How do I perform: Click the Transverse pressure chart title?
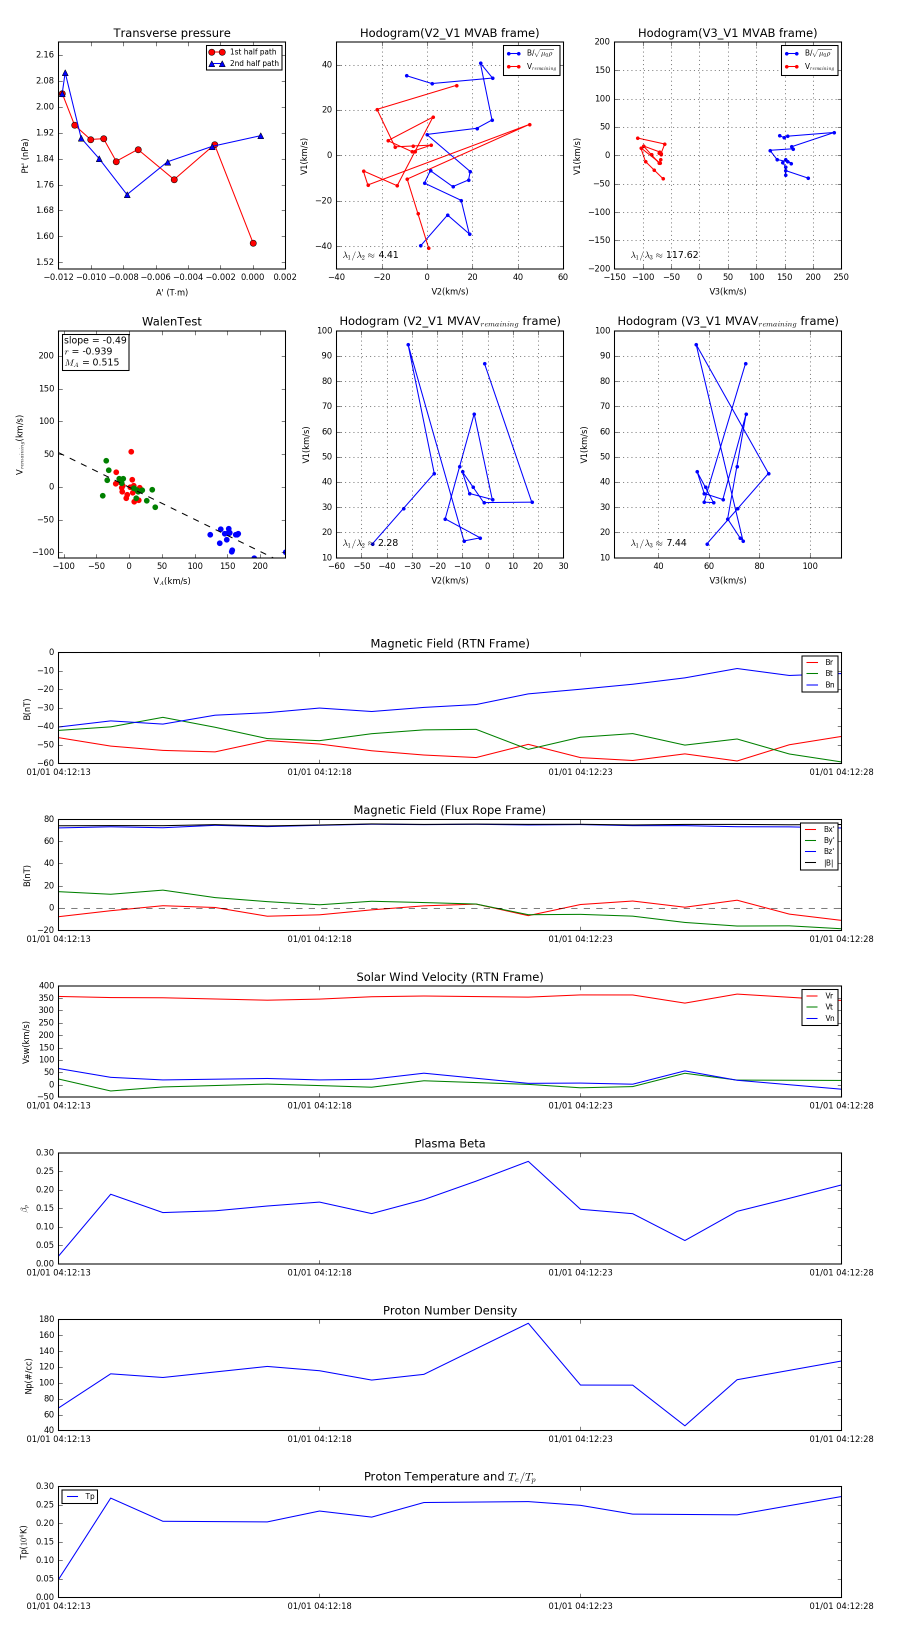tap(171, 33)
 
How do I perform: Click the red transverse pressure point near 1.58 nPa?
tap(253, 243)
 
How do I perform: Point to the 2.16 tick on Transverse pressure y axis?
tap(45, 55)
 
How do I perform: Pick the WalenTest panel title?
tap(171, 321)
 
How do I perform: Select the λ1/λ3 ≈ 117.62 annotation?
tap(664, 255)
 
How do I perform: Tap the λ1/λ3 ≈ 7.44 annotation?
tap(658, 543)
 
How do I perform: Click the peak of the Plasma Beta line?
tap(528, 1161)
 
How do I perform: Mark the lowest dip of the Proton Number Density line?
tap(685, 1426)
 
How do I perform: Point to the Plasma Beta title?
tap(449, 1143)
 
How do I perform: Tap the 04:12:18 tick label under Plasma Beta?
tap(319, 1272)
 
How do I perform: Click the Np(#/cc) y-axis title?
tap(28, 1375)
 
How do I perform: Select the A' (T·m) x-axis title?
tap(171, 292)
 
